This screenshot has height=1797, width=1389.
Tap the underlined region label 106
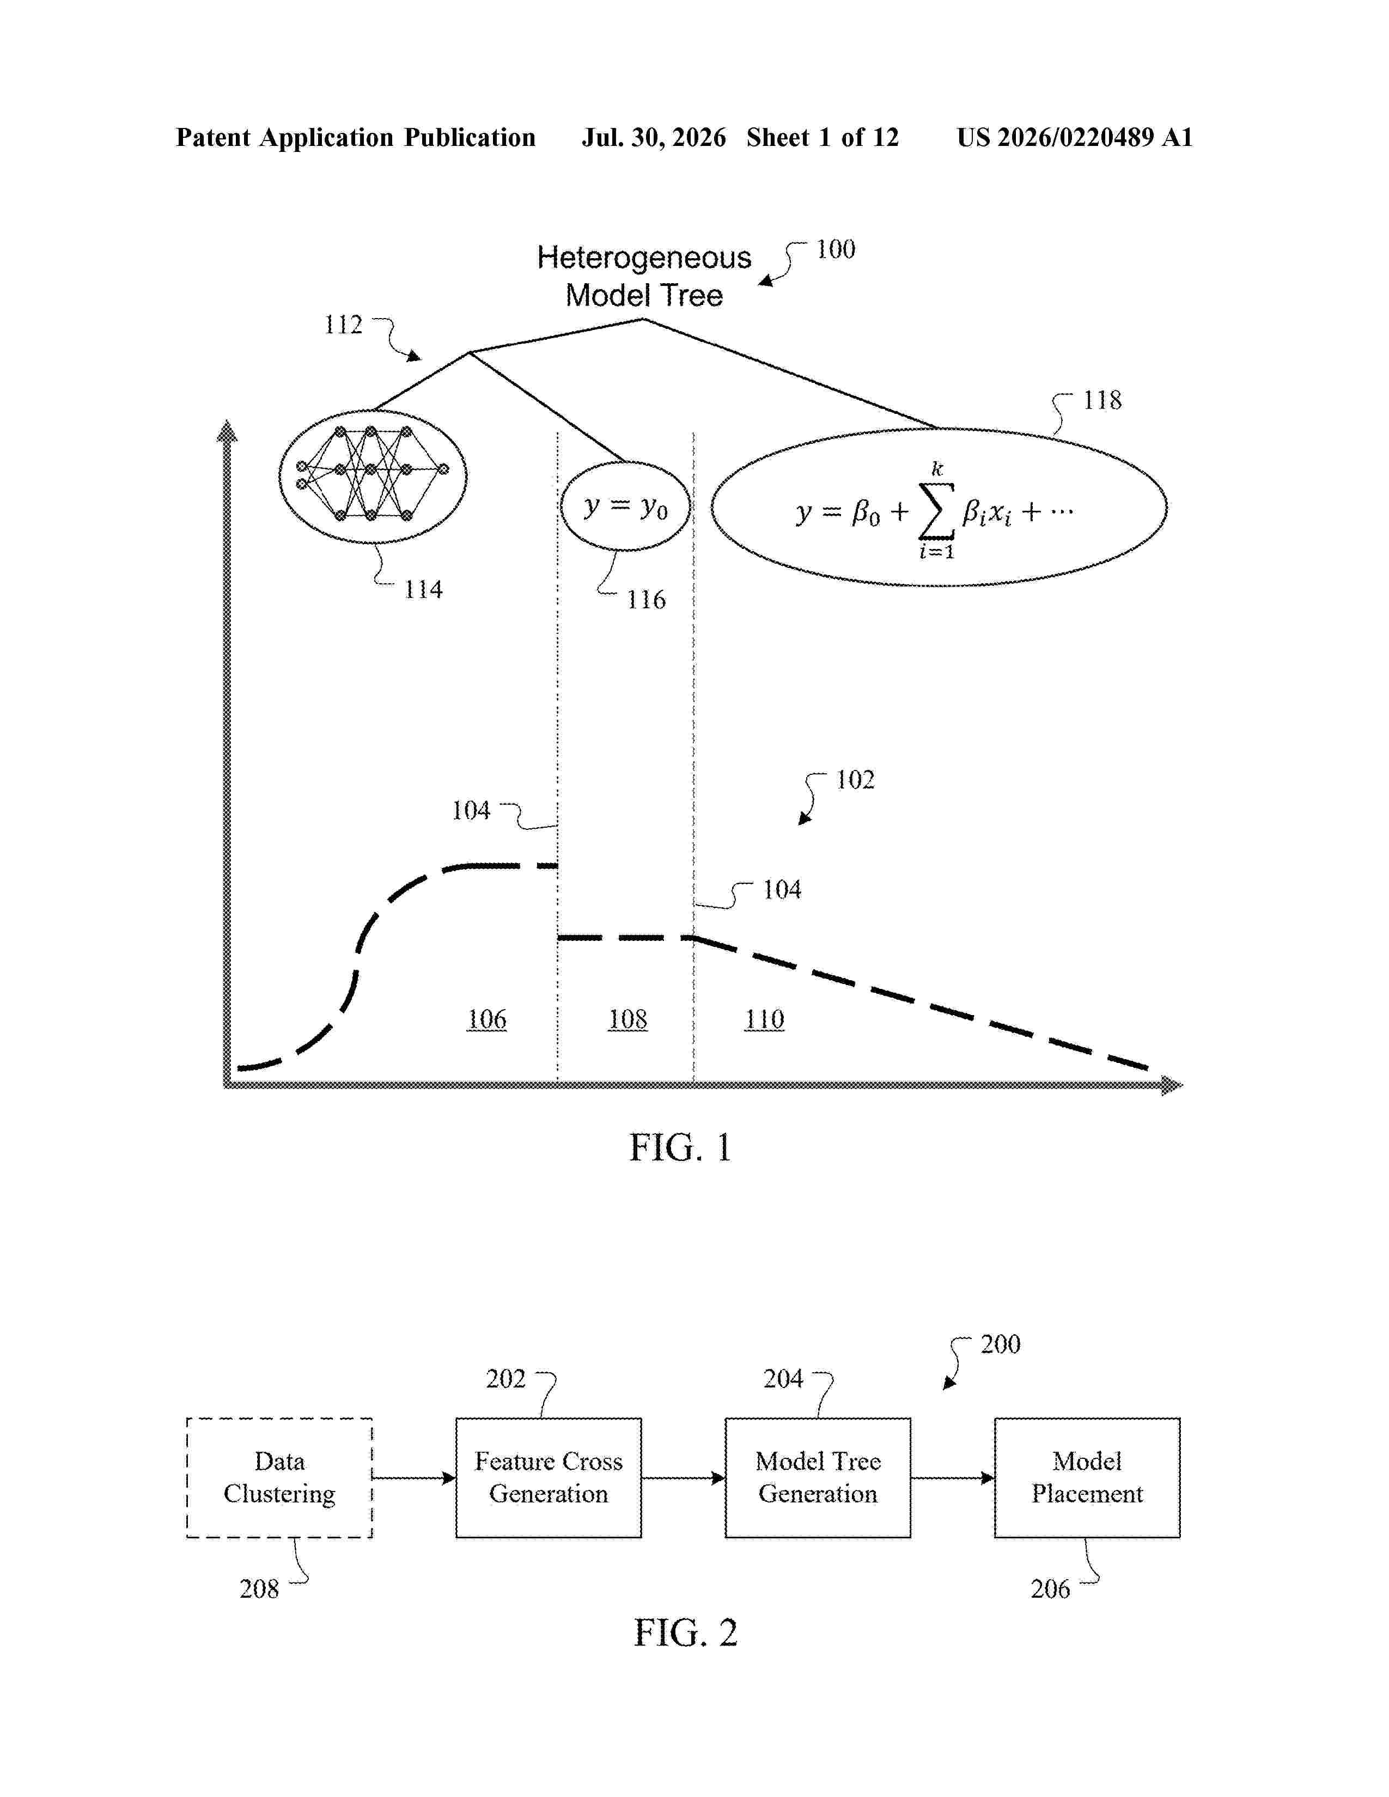click(486, 1019)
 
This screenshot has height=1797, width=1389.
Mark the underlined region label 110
click(764, 1019)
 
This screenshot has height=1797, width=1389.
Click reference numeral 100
click(835, 249)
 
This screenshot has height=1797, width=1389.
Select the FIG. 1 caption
click(680, 1147)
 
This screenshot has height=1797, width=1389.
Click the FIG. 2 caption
click(685, 1633)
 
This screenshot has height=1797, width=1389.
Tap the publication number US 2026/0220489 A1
click(1075, 137)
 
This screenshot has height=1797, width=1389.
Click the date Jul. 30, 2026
click(654, 137)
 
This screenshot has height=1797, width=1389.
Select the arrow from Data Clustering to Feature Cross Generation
click(414, 1478)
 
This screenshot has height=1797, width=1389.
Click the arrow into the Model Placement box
click(953, 1478)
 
